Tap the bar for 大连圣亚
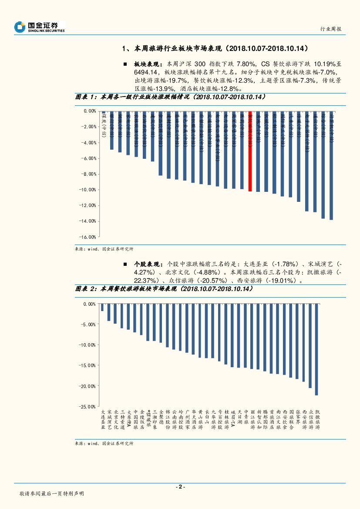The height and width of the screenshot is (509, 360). pyautogui.click(x=102, y=308)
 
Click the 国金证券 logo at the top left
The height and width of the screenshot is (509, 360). pyautogui.click(x=39, y=27)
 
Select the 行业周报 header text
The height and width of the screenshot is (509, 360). pyautogui.click(x=331, y=29)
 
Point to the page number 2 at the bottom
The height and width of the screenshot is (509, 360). pyautogui.click(x=180, y=487)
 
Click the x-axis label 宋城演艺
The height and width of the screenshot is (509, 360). pyautogui.click(x=109, y=420)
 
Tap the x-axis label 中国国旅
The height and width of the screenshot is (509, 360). pyautogui.click(x=135, y=420)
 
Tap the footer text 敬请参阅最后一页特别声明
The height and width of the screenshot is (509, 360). pyautogui.click(x=52, y=494)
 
